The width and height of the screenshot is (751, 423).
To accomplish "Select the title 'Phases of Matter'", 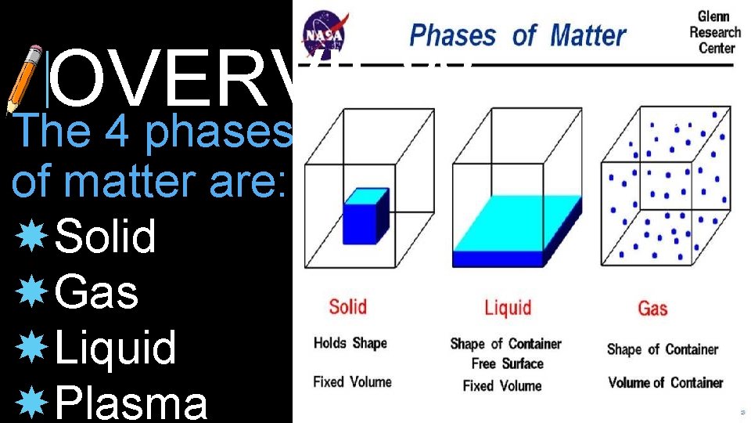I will pyautogui.click(x=518, y=35).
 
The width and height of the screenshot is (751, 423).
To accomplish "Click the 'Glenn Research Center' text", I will pyautogui.click(x=714, y=32).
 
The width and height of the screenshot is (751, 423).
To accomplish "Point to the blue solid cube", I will pyautogui.click(x=365, y=215).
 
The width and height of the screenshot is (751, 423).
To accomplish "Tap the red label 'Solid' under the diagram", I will pyautogui.click(x=348, y=305).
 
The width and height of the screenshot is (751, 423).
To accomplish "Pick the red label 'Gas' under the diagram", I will pyautogui.click(x=652, y=309).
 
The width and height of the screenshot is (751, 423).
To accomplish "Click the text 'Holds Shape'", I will pyautogui.click(x=350, y=343).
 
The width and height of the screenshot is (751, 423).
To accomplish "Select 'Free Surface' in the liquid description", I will pyautogui.click(x=506, y=363).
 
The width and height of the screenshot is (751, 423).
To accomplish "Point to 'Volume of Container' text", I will pyautogui.click(x=665, y=382).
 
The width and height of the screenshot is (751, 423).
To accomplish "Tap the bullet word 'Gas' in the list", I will pyautogui.click(x=97, y=293).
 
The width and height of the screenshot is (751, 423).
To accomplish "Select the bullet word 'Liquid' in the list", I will pyautogui.click(x=116, y=348).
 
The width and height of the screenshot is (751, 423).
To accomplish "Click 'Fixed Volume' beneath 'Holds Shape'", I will pyautogui.click(x=352, y=382).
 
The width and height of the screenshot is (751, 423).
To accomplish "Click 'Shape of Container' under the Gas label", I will pyautogui.click(x=662, y=349).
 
